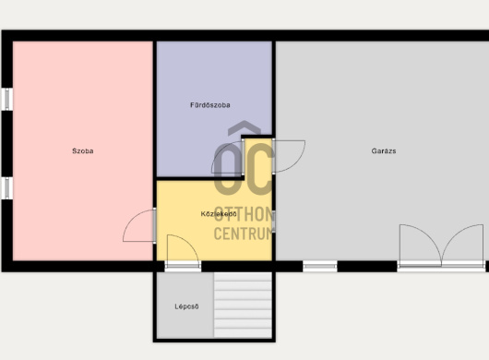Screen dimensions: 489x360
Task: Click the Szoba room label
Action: (83, 151)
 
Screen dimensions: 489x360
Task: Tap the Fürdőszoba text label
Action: (210, 105)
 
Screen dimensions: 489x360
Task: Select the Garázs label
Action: (384, 151)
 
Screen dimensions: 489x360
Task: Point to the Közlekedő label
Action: (219, 214)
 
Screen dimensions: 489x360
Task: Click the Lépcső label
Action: (186, 306)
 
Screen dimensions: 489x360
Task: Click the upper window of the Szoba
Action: (6, 99)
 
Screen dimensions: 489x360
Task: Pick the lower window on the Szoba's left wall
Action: (6, 187)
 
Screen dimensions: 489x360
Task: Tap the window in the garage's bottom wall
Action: (320, 266)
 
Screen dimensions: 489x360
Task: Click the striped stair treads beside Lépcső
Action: (243, 305)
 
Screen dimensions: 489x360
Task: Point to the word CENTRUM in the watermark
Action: (243, 234)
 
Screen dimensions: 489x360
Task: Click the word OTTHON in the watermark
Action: (244, 214)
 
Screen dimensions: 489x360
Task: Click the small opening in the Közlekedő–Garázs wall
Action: (273, 221)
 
